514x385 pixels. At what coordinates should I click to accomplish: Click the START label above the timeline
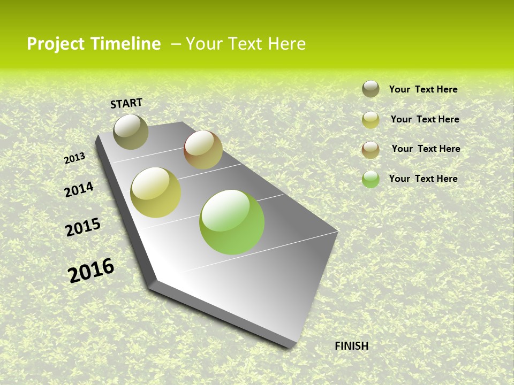point(126,103)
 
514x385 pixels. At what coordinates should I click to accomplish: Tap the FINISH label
point(351,346)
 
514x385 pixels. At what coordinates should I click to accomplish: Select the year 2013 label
point(74,158)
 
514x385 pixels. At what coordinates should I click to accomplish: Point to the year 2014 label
point(79,189)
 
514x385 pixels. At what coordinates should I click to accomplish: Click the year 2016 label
point(91,271)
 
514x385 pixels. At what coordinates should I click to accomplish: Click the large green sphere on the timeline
point(232,222)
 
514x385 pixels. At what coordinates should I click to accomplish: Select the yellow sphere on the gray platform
point(156,192)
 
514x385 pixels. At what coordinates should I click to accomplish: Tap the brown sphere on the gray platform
point(203,150)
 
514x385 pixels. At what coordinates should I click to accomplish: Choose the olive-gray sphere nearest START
point(131,132)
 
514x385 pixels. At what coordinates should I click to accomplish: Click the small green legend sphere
point(371,179)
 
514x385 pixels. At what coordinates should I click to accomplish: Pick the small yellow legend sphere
point(371,120)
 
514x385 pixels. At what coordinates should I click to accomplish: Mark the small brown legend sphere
point(371,150)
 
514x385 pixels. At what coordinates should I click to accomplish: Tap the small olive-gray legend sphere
point(371,89)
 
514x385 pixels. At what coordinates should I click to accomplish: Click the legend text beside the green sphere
point(423,179)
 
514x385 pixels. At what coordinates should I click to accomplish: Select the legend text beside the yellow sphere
point(425,119)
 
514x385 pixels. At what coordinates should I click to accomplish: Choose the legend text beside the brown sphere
point(426,149)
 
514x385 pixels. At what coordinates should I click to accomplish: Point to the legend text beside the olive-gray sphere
point(423,89)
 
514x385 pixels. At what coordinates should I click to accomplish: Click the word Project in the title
point(56,44)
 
